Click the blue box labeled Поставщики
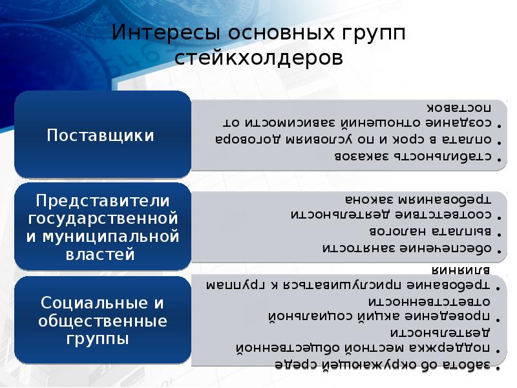102,135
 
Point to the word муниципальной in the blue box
102,236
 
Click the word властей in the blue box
102,254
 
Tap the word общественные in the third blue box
102,321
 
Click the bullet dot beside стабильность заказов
498,157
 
